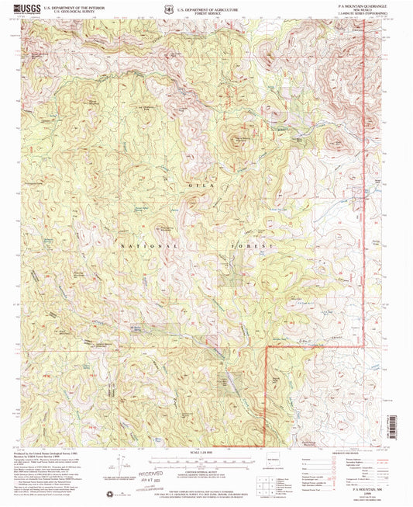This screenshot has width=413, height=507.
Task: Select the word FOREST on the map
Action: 253,245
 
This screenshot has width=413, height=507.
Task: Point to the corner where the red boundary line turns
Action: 267,350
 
